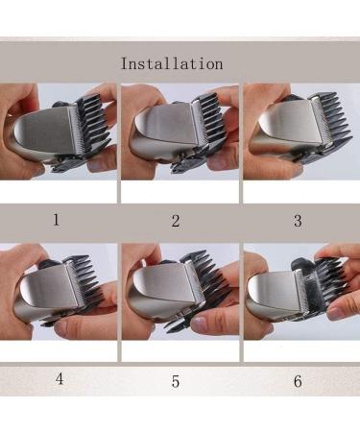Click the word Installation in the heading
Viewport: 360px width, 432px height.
(x=172, y=63)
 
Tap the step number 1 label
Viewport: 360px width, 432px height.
(x=57, y=220)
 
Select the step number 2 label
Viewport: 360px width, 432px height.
(x=176, y=221)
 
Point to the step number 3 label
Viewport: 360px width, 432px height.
(x=298, y=221)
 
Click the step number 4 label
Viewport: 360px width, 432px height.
(x=60, y=378)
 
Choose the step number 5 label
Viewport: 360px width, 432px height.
(x=176, y=381)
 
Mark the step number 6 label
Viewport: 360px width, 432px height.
(x=298, y=381)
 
